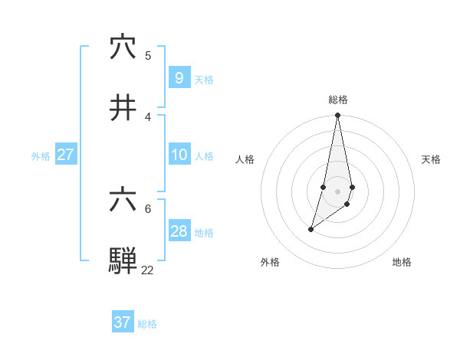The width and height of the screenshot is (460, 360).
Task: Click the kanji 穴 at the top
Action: pyautogui.click(x=123, y=47)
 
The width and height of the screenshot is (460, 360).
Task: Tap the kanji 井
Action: pyautogui.click(x=123, y=108)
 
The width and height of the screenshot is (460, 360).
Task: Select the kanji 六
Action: pyautogui.click(x=123, y=201)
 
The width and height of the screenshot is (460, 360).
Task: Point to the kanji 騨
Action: pyautogui.click(x=123, y=261)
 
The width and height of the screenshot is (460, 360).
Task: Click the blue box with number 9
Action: pyautogui.click(x=179, y=77)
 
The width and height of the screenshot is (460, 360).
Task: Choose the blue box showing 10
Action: pyautogui.click(x=179, y=155)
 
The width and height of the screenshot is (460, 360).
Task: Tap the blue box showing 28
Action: pyautogui.click(x=179, y=231)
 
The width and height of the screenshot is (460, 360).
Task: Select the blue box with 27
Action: pyautogui.click(x=65, y=155)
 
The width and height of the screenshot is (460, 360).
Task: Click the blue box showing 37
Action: pyautogui.click(x=123, y=322)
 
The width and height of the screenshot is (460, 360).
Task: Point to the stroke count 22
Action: pyautogui.click(x=147, y=270)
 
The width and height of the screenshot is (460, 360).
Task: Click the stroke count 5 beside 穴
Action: pyautogui.click(x=148, y=55)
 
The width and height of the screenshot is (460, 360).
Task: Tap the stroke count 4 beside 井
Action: pyautogui.click(x=148, y=116)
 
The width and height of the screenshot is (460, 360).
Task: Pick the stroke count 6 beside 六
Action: pyautogui.click(x=148, y=208)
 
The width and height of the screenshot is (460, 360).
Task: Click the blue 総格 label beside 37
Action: pyautogui.click(x=147, y=324)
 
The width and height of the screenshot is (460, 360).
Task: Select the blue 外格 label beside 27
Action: pyautogui.click(x=41, y=155)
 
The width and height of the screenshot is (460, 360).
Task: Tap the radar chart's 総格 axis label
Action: pyautogui.click(x=337, y=100)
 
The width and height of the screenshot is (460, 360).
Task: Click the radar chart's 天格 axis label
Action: pyautogui.click(x=431, y=159)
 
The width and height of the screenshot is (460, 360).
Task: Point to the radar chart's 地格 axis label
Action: pyautogui.click(x=402, y=262)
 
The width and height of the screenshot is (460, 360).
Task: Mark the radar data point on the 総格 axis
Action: pyautogui.click(x=337, y=115)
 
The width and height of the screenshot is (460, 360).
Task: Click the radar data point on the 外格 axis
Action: pyautogui.click(x=310, y=229)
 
